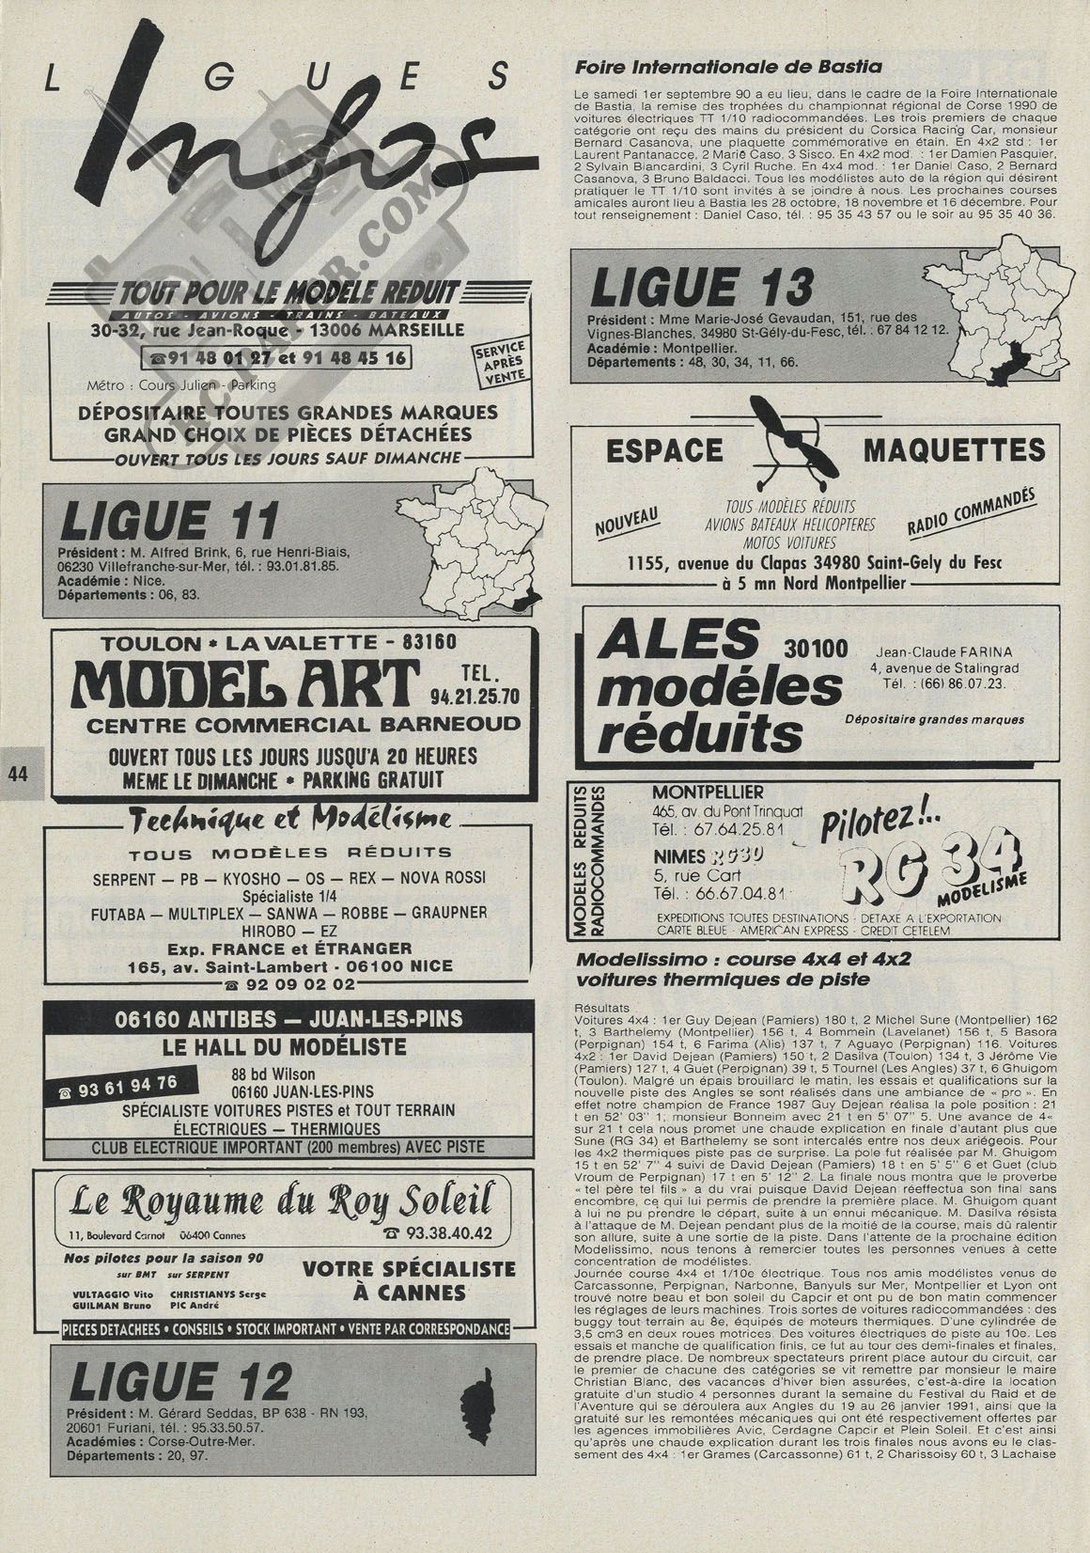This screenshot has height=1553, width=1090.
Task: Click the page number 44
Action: [17, 773]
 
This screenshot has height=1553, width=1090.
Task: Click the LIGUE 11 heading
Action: [170, 520]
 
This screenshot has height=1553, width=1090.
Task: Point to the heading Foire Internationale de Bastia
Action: [727, 67]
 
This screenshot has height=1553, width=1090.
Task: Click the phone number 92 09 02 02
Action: [288, 984]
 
